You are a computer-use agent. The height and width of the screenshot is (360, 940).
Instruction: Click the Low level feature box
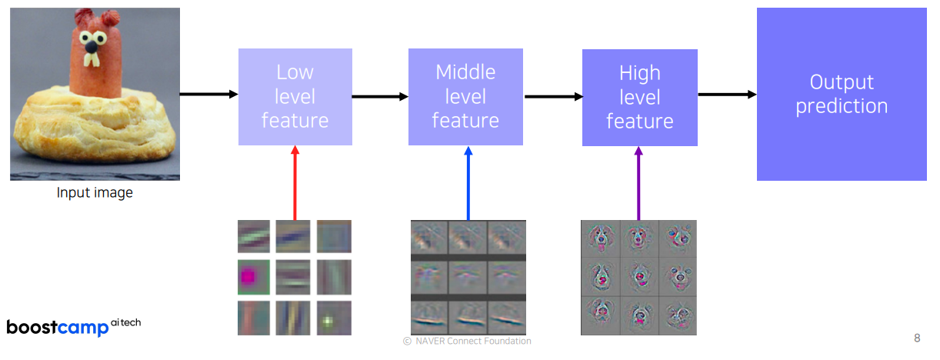click(x=295, y=97)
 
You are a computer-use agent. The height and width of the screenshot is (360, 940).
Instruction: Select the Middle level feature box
click(x=465, y=97)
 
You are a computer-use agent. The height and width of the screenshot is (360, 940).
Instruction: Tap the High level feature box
click(x=639, y=98)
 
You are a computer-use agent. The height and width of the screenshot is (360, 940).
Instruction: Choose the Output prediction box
click(x=842, y=94)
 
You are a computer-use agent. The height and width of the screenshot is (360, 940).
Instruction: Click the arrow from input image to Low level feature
click(x=208, y=95)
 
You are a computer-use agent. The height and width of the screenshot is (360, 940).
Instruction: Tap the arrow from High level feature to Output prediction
click(x=727, y=95)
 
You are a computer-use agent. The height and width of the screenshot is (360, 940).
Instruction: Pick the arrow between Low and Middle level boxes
click(x=380, y=97)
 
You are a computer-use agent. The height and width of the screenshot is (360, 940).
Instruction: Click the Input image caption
click(x=95, y=193)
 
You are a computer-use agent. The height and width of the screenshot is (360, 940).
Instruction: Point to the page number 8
click(x=917, y=338)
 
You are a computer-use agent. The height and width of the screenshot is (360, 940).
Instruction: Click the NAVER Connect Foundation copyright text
click(x=467, y=341)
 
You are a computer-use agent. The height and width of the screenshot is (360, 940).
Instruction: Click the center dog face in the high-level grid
click(x=638, y=277)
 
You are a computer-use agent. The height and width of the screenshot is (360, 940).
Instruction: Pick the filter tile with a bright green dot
click(x=333, y=317)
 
